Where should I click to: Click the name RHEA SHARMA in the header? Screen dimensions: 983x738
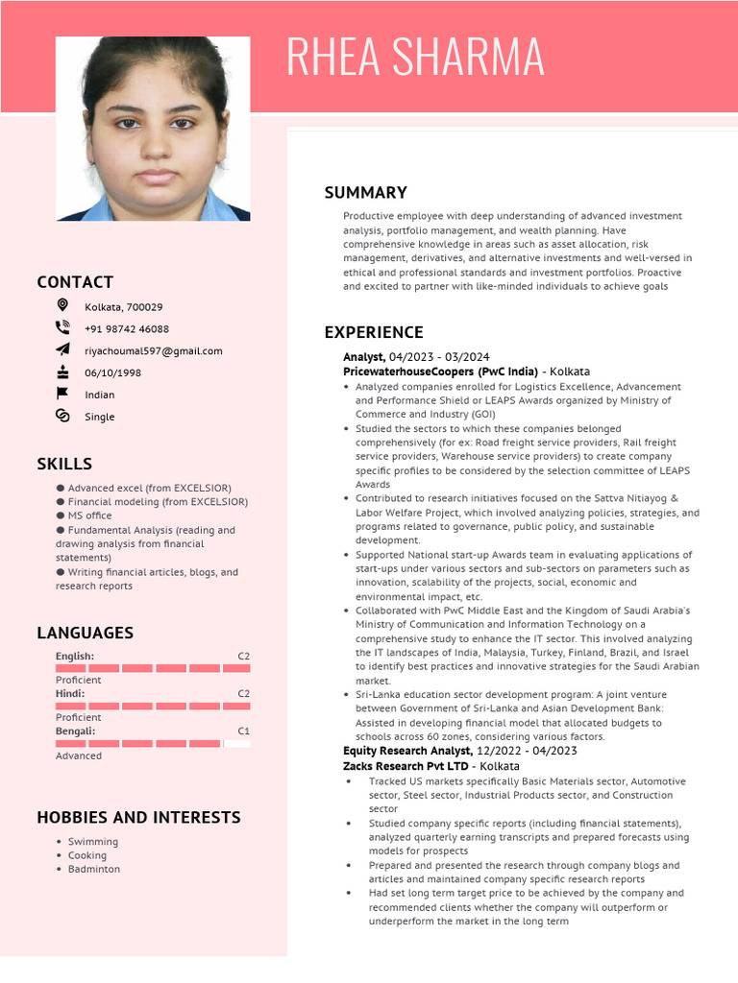coord(415,57)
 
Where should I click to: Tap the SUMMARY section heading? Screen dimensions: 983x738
coord(365,193)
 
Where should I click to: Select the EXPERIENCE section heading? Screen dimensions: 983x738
coord(373,333)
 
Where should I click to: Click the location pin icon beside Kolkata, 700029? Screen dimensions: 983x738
coord(62,305)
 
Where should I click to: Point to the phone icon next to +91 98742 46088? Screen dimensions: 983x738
coord(62,327)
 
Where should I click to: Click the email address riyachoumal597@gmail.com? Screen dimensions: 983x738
coord(153,351)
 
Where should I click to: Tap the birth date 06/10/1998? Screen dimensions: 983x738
coord(112,373)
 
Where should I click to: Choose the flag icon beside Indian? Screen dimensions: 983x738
coord(62,394)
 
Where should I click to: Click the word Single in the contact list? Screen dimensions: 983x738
coord(99,417)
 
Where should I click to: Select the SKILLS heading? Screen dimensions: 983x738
coord(64,465)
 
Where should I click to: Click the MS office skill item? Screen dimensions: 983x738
coord(89,515)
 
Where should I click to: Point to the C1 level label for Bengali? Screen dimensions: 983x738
coord(243,731)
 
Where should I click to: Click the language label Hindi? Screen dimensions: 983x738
coord(70,693)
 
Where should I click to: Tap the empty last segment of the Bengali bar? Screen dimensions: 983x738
coord(236,743)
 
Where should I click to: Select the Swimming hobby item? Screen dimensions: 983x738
coord(93,842)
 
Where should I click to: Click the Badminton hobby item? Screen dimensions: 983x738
coord(94,869)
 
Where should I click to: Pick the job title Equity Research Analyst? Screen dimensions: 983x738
coord(407,751)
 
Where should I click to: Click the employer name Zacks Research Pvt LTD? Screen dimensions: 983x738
coord(406,766)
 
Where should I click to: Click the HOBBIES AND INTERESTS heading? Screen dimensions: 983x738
coord(138,818)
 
